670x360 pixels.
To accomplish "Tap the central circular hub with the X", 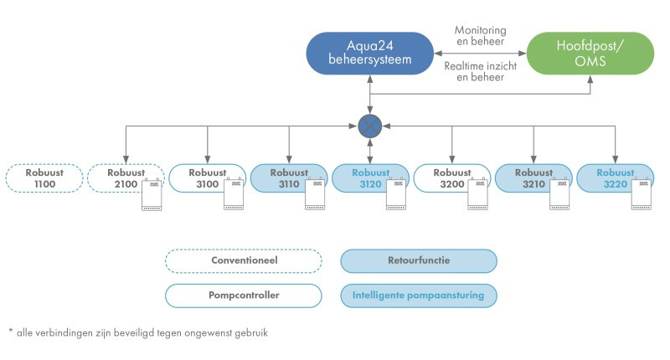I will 369,126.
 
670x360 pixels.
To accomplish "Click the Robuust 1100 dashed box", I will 44,178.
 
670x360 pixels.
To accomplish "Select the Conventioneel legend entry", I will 244,260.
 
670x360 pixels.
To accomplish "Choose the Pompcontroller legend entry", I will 244,296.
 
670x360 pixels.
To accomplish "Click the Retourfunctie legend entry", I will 419,260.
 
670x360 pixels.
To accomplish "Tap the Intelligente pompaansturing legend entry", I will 419,296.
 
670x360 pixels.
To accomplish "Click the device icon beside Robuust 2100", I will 152,194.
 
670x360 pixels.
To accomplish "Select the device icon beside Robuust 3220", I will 642,194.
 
